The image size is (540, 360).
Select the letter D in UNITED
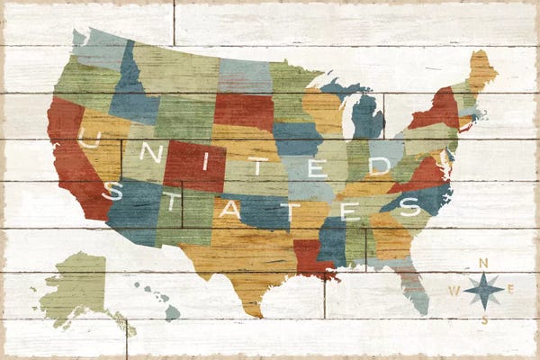[380, 166]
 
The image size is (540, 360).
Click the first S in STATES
[111, 190]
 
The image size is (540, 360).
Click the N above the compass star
[484, 263]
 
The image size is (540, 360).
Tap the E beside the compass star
[510, 289]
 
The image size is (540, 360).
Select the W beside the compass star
[455, 290]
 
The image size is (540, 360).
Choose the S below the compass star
[484, 319]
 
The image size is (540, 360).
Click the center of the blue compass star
[484, 290]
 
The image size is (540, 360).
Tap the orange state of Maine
[482, 70]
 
